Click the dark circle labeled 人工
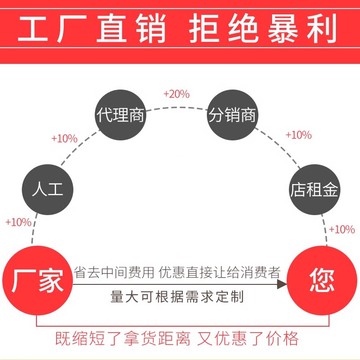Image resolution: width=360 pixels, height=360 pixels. click(48, 189)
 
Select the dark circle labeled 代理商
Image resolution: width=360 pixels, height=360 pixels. click(120, 115)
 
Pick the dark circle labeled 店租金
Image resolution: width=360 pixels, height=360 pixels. click(314, 189)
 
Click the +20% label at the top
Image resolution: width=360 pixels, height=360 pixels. click(176, 94)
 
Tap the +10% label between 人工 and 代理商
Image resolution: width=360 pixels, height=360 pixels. click(64, 139)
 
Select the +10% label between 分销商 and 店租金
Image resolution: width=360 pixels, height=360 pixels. click(298, 135)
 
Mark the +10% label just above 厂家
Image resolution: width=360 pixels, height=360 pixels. click(18, 222)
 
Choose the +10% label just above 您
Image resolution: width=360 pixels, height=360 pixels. click(342, 229)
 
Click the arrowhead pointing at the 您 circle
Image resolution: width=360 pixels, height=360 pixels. click(282, 284)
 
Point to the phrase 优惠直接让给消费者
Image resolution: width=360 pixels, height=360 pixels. click(219, 272)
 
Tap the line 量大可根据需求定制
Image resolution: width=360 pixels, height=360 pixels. click(177, 297)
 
